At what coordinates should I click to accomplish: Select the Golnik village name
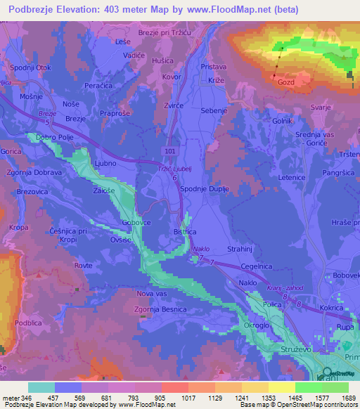point(282,121)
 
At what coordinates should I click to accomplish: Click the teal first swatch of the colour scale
point(41,387)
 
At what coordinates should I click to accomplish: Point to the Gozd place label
point(286,82)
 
